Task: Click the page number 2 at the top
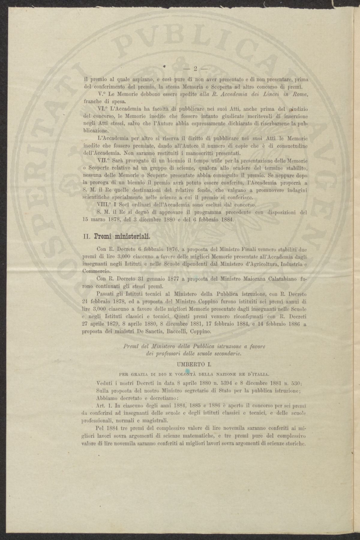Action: [195, 69]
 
